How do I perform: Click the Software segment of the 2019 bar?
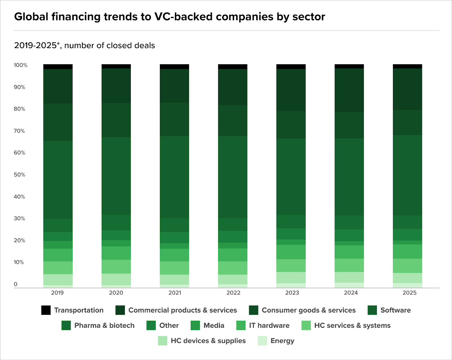click(x=58, y=180)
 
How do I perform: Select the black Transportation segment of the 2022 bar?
click(x=232, y=67)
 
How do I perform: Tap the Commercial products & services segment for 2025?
click(x=407, y=89)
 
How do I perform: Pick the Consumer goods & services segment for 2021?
click(x=174, y=119)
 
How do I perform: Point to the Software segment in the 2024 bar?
click(x=349, y=177)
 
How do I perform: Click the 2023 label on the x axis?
click(x=292, y=293)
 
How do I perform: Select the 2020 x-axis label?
click(x=116, y=293)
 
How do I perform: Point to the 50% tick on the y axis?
click(x=19, y=175)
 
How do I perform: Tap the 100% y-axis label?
click(x=21, y=65)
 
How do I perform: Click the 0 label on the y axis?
click(x=16, y=284)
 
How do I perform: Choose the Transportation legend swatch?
click(x=46, y=310)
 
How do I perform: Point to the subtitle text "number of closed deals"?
click(x=110, y=46)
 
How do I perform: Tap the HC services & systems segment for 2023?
click(x=291, y=266)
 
